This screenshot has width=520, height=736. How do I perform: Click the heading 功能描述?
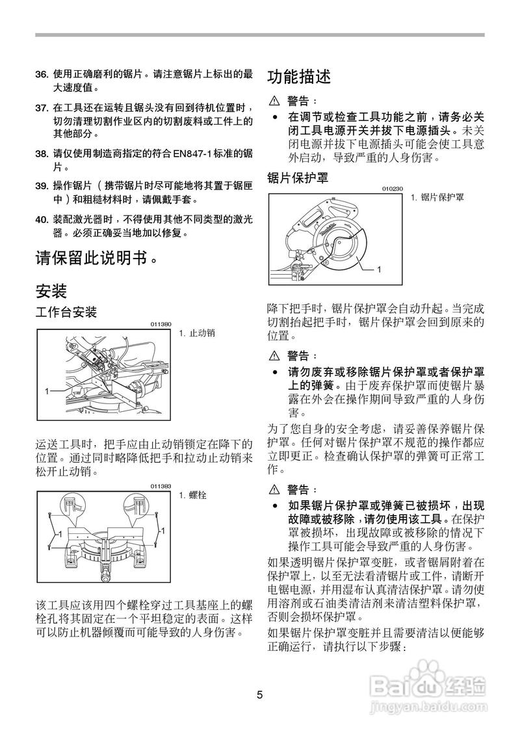300,77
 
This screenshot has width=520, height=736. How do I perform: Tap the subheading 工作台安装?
66,312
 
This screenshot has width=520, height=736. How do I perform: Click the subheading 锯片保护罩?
298,177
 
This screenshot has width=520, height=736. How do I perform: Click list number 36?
42,74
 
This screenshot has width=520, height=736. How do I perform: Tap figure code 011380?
161,324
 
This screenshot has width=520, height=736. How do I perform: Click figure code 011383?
161,486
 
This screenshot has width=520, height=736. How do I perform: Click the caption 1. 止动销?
196,333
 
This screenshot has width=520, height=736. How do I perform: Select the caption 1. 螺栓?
192,495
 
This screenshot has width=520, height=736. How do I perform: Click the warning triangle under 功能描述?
274,101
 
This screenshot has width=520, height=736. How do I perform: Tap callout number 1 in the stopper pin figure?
47,390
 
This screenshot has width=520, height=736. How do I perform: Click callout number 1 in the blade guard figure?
378,268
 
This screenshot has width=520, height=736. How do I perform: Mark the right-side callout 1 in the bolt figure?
162,531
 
